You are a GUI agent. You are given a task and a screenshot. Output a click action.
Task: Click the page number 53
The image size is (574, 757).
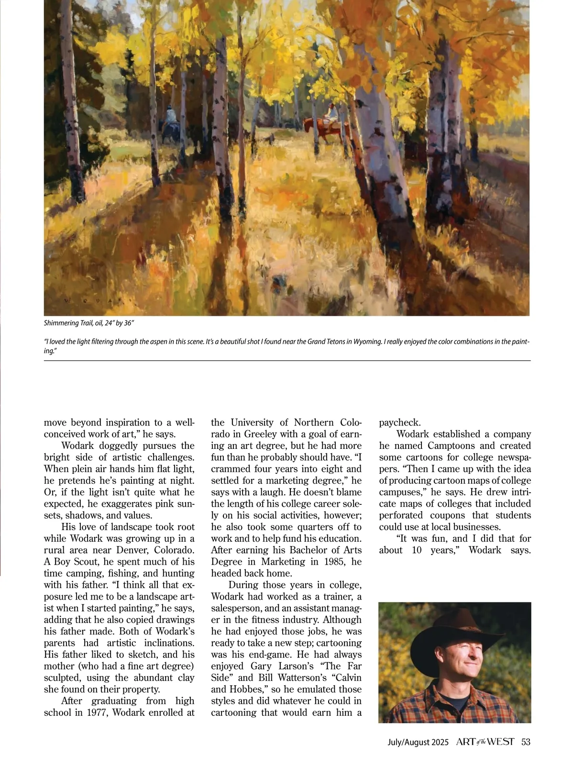coord(526,742)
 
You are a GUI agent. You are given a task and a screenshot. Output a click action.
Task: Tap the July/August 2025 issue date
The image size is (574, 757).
coord(418,742)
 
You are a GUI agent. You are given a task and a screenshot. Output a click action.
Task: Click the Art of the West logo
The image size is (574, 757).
coord(485,742)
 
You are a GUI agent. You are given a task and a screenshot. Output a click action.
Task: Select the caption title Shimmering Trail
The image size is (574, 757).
coord(62,323)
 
